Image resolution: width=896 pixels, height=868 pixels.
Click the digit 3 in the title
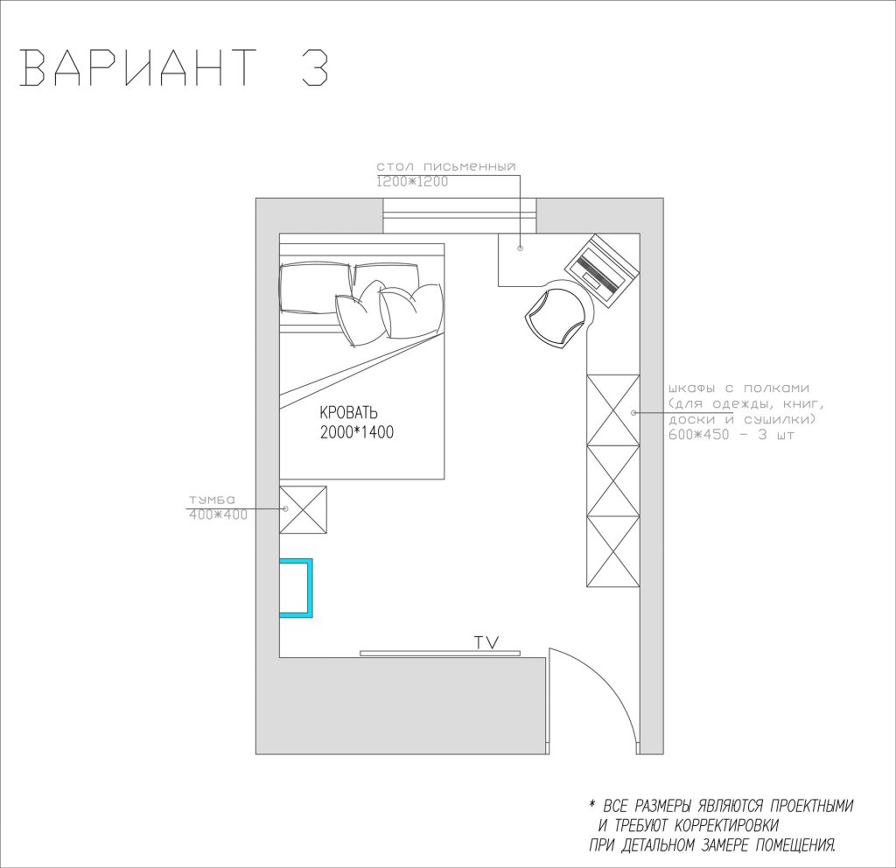coord(314,66)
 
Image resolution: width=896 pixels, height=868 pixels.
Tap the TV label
coord(486,642)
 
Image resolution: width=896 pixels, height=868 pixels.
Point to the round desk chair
coord(556,315)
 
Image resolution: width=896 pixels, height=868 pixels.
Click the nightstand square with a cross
coord(303,510)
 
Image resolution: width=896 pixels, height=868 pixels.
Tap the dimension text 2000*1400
coord(357,432)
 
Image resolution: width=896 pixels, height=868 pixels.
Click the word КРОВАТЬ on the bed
coord(348,412)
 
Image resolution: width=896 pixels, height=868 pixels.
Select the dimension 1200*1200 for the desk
coord(412,182)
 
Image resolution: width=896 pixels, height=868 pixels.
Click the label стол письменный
coord(445,167)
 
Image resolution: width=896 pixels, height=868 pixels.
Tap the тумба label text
coord(212,500)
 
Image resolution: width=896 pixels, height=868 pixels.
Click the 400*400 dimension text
coord(218,514)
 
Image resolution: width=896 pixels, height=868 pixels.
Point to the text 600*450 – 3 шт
coord(731,435)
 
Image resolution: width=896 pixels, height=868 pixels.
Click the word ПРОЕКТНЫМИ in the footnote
coord(811,806)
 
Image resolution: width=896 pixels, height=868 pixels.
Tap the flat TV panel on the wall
coord(440,653)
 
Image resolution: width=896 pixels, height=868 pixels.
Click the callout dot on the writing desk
coord(520,248)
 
